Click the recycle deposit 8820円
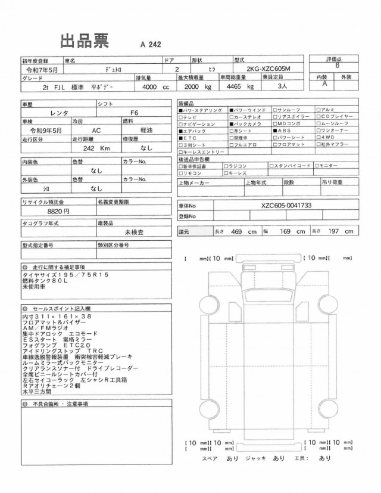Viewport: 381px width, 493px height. coord(57,210)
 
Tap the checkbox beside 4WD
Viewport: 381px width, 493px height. coord(320,137)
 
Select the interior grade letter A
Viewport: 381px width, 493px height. coord(324,84)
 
